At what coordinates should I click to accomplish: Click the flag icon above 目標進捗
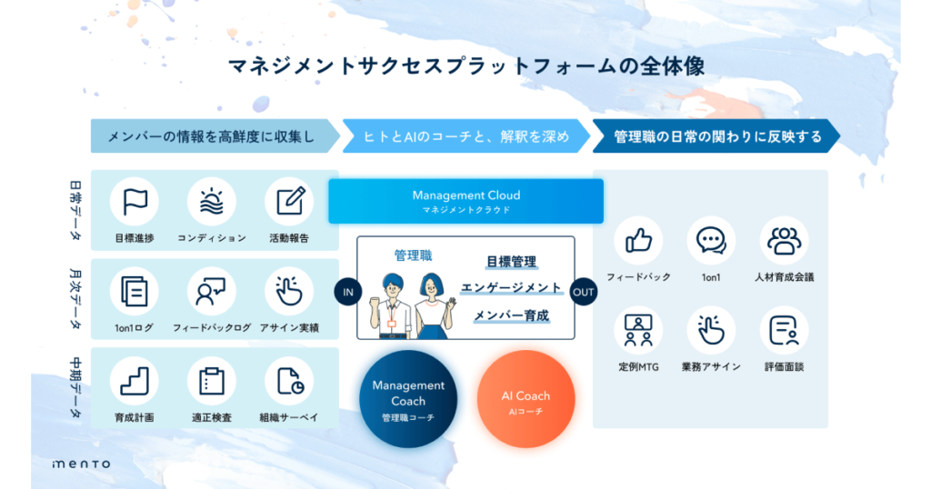(x=135, y=202)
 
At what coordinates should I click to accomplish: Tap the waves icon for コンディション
(x=211, y=202)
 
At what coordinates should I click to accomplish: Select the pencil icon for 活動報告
(x=290, y=201)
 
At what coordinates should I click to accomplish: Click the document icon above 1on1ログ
(x=135, y=292)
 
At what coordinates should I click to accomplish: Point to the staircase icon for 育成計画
(x=135, y=381)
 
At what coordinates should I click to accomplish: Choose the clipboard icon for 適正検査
(x=211, y=381)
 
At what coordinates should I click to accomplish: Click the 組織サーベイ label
(x=289, y=418)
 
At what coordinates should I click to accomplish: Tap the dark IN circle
(x=348, y=292)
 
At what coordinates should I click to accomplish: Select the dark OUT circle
(x=583, y=292)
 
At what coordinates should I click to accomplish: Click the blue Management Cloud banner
(x=466, y=202)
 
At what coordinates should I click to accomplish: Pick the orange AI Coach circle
(x=526, y=399)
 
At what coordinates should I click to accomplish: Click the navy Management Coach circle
(x=408, y=399)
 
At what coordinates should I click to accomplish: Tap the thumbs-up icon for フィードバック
(x=638, y=240)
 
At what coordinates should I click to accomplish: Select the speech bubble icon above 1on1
(x=711, y=241)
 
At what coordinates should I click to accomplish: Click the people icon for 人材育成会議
(x=784, y=240)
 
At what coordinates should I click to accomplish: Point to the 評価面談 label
(x=784, y=367)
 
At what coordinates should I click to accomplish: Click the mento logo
(x=81, y=464)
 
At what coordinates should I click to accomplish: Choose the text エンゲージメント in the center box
(x=511, y=288)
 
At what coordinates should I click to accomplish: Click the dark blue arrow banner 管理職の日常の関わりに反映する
(x=716, y=136)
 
